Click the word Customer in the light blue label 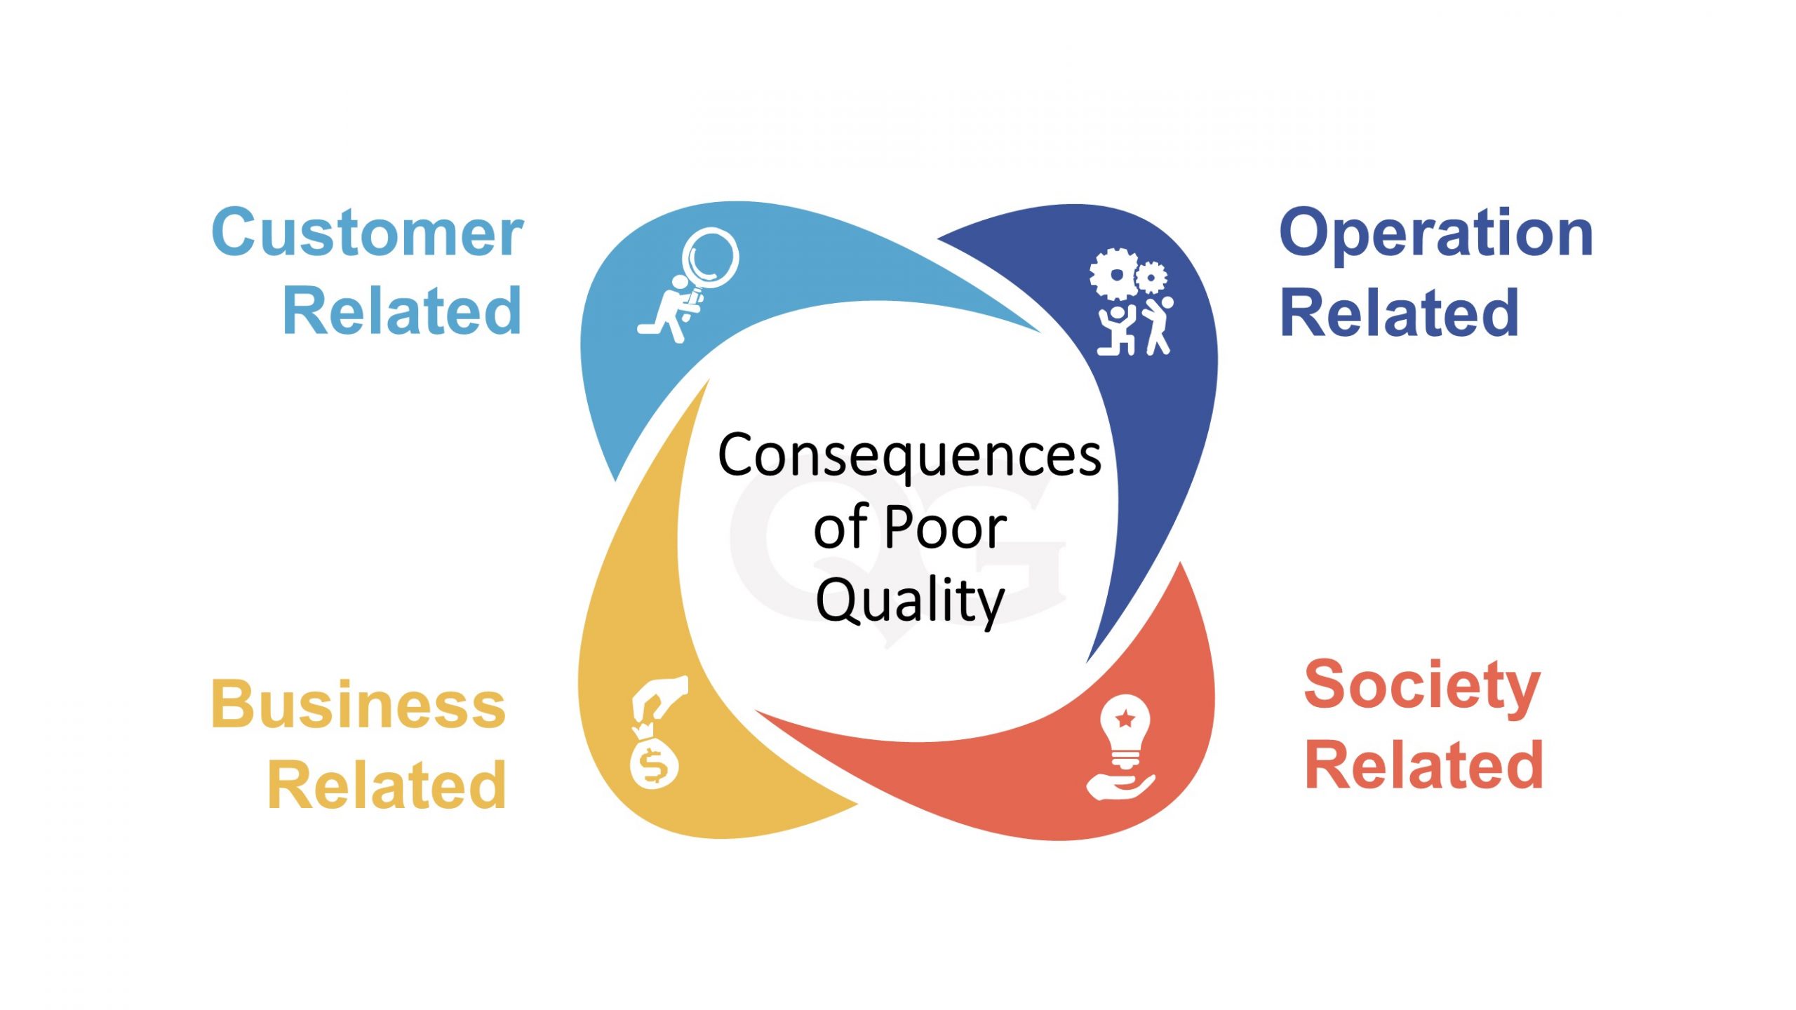pos(367,233)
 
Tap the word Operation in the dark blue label pos(1435,234)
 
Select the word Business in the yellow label pos(358,704)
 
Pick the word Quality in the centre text pos(910,601)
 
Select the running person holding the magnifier pos(670,313)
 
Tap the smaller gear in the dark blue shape pos(1151,278)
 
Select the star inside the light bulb pos(1125,718)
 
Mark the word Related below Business pos(387,786)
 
